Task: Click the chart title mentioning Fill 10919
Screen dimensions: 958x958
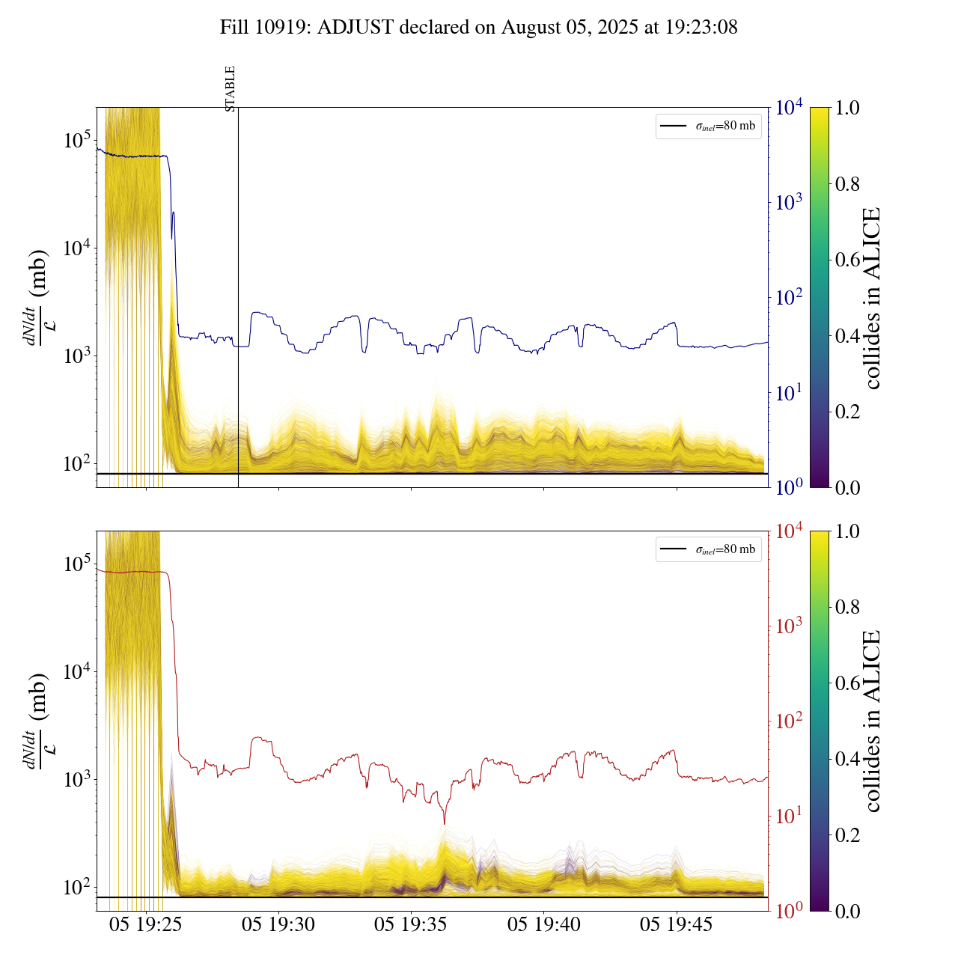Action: pyautogui.click(x=479, y=28)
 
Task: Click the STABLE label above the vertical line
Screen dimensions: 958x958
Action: pyautogui.click(x=231, y=88)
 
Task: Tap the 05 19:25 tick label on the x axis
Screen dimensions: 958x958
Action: pyautogui.click(x=146, y=925)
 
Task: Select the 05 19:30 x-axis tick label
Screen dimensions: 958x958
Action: pyautogui.click(x=278, y=925)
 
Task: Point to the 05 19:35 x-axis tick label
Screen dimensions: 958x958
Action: pyautogui.click(x=411, y=925)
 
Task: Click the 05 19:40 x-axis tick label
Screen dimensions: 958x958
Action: pyautogui.click(x=544, y=925)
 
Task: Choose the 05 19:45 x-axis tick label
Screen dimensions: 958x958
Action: pyautogui.click(x=677, y=925)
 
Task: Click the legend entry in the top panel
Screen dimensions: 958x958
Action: pyautogui.click(x=709, y=126)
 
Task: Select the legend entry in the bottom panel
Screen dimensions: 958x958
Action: pyautogui.click(x=709, y=549)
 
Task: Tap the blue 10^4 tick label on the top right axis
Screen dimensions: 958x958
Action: pyautogui.click(x=789, y=108)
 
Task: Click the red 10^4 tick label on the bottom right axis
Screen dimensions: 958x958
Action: pyautogui.click(x=789, y=531)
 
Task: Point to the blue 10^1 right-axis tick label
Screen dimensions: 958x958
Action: pyautogui.click(x=789, y=392)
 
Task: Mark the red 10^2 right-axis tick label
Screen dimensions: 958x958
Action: pyautogui.click(x=789, y=721)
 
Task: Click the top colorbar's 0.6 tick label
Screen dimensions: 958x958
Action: pyautogui.click(x=847, y=260)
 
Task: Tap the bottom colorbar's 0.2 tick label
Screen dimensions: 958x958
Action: pyautogui.click(x=847, y=835)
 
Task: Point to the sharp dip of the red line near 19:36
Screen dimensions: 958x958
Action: pyautogui.click(x=445, y=823)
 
